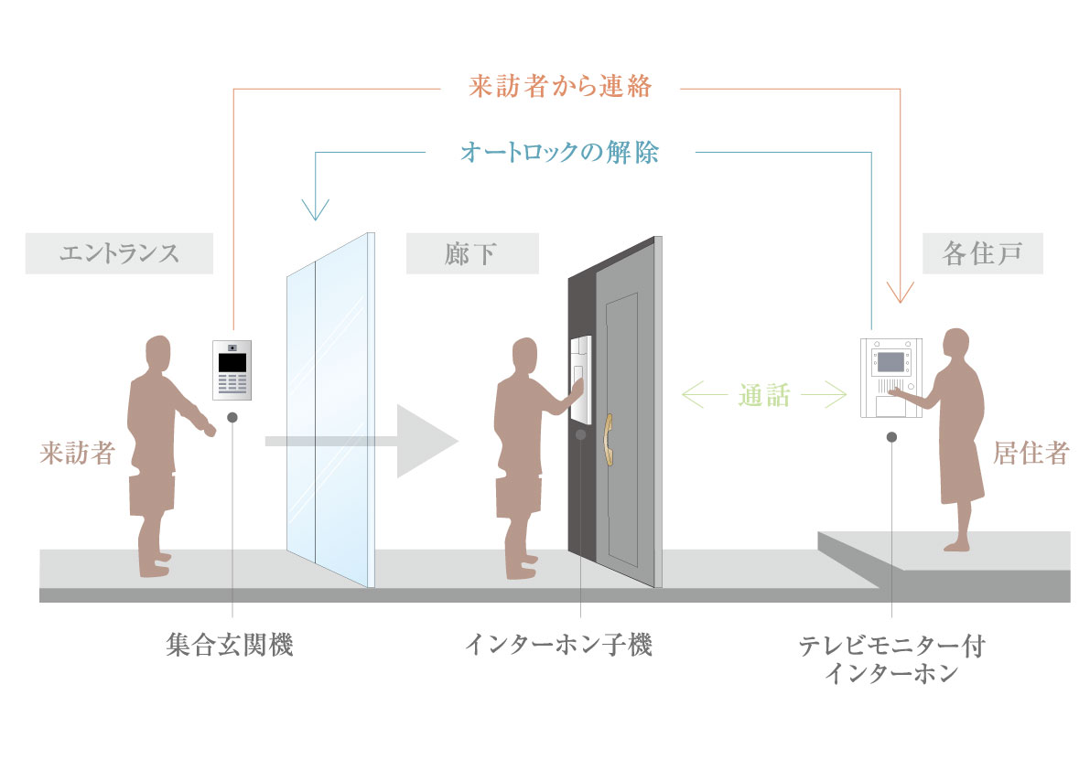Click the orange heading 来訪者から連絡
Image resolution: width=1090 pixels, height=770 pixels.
(x=559, y=88)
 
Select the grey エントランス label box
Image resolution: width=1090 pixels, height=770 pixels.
(x=119, y=253)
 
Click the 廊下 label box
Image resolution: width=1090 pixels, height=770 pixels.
(x=471, y=253)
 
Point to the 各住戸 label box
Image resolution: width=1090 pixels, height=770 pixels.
(x=981, y=253)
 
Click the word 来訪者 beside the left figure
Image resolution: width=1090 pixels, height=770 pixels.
(x=77, y=453)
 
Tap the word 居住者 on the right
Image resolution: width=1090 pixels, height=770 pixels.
(x=1031, y=453)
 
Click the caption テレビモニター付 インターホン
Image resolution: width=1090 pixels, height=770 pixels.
(x=891, y=659)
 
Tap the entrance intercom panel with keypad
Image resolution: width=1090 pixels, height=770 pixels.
(x=232, y=370)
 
